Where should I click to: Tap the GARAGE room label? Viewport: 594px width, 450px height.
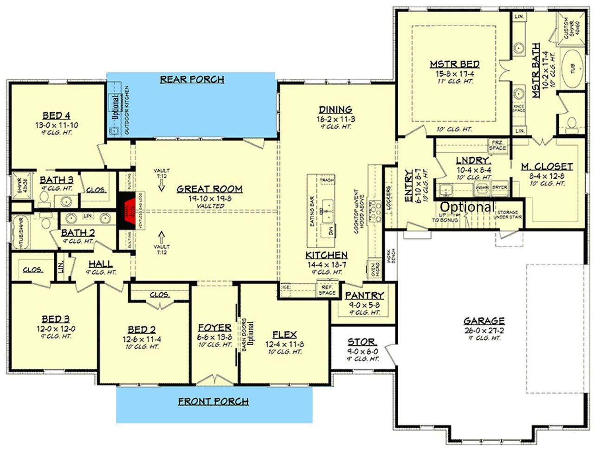(484, 321)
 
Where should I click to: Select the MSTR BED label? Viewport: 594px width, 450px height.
(454, 64)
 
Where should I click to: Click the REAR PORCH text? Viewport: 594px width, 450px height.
(192, 79)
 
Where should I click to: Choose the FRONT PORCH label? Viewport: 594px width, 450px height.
(213, 401)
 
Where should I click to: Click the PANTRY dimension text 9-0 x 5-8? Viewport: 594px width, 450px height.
(364, 305)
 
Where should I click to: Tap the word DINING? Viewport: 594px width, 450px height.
(335, 110)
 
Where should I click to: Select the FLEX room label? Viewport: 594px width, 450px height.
(284, 335)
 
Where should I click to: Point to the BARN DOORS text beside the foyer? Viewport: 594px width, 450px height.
(244, 334)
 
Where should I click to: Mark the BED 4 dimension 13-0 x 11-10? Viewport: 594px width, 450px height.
(57, 125)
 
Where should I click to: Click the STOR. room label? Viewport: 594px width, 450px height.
(362, 342)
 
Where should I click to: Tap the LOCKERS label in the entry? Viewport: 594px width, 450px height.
(388, 198)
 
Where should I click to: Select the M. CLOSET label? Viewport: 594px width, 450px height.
(547, 167)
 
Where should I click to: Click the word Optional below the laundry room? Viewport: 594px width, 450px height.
(467, 207)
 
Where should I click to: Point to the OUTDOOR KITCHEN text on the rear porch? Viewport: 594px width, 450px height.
(127, 110)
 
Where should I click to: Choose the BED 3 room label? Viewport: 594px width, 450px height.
(56, 319)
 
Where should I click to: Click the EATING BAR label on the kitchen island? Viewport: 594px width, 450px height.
(312, 212)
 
